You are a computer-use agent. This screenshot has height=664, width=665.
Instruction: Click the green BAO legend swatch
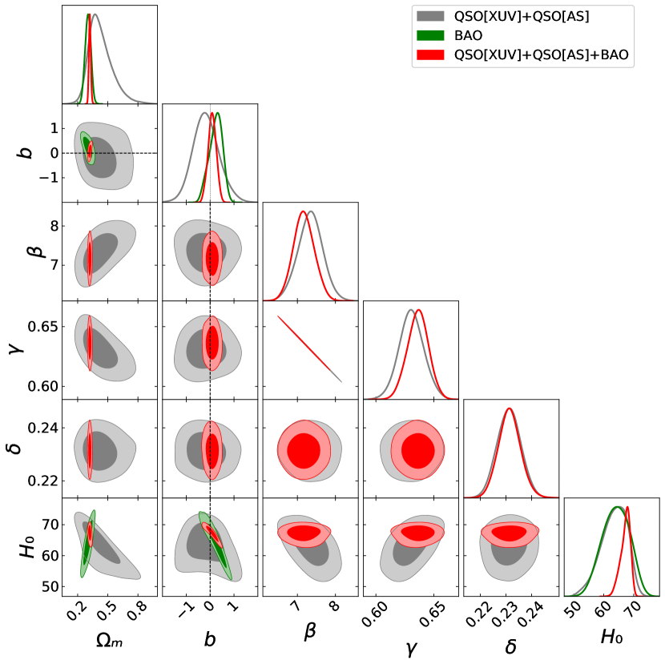point(430,35)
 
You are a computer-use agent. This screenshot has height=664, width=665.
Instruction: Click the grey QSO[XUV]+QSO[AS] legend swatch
point(430,16)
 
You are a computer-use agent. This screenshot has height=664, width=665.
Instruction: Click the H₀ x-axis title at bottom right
point(612,638)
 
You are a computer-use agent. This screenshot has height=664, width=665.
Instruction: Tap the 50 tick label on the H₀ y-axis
point(48,586)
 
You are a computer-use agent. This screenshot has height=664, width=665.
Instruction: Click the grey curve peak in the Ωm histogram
point(95,14)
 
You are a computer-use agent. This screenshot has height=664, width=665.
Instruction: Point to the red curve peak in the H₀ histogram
point(627,506)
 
